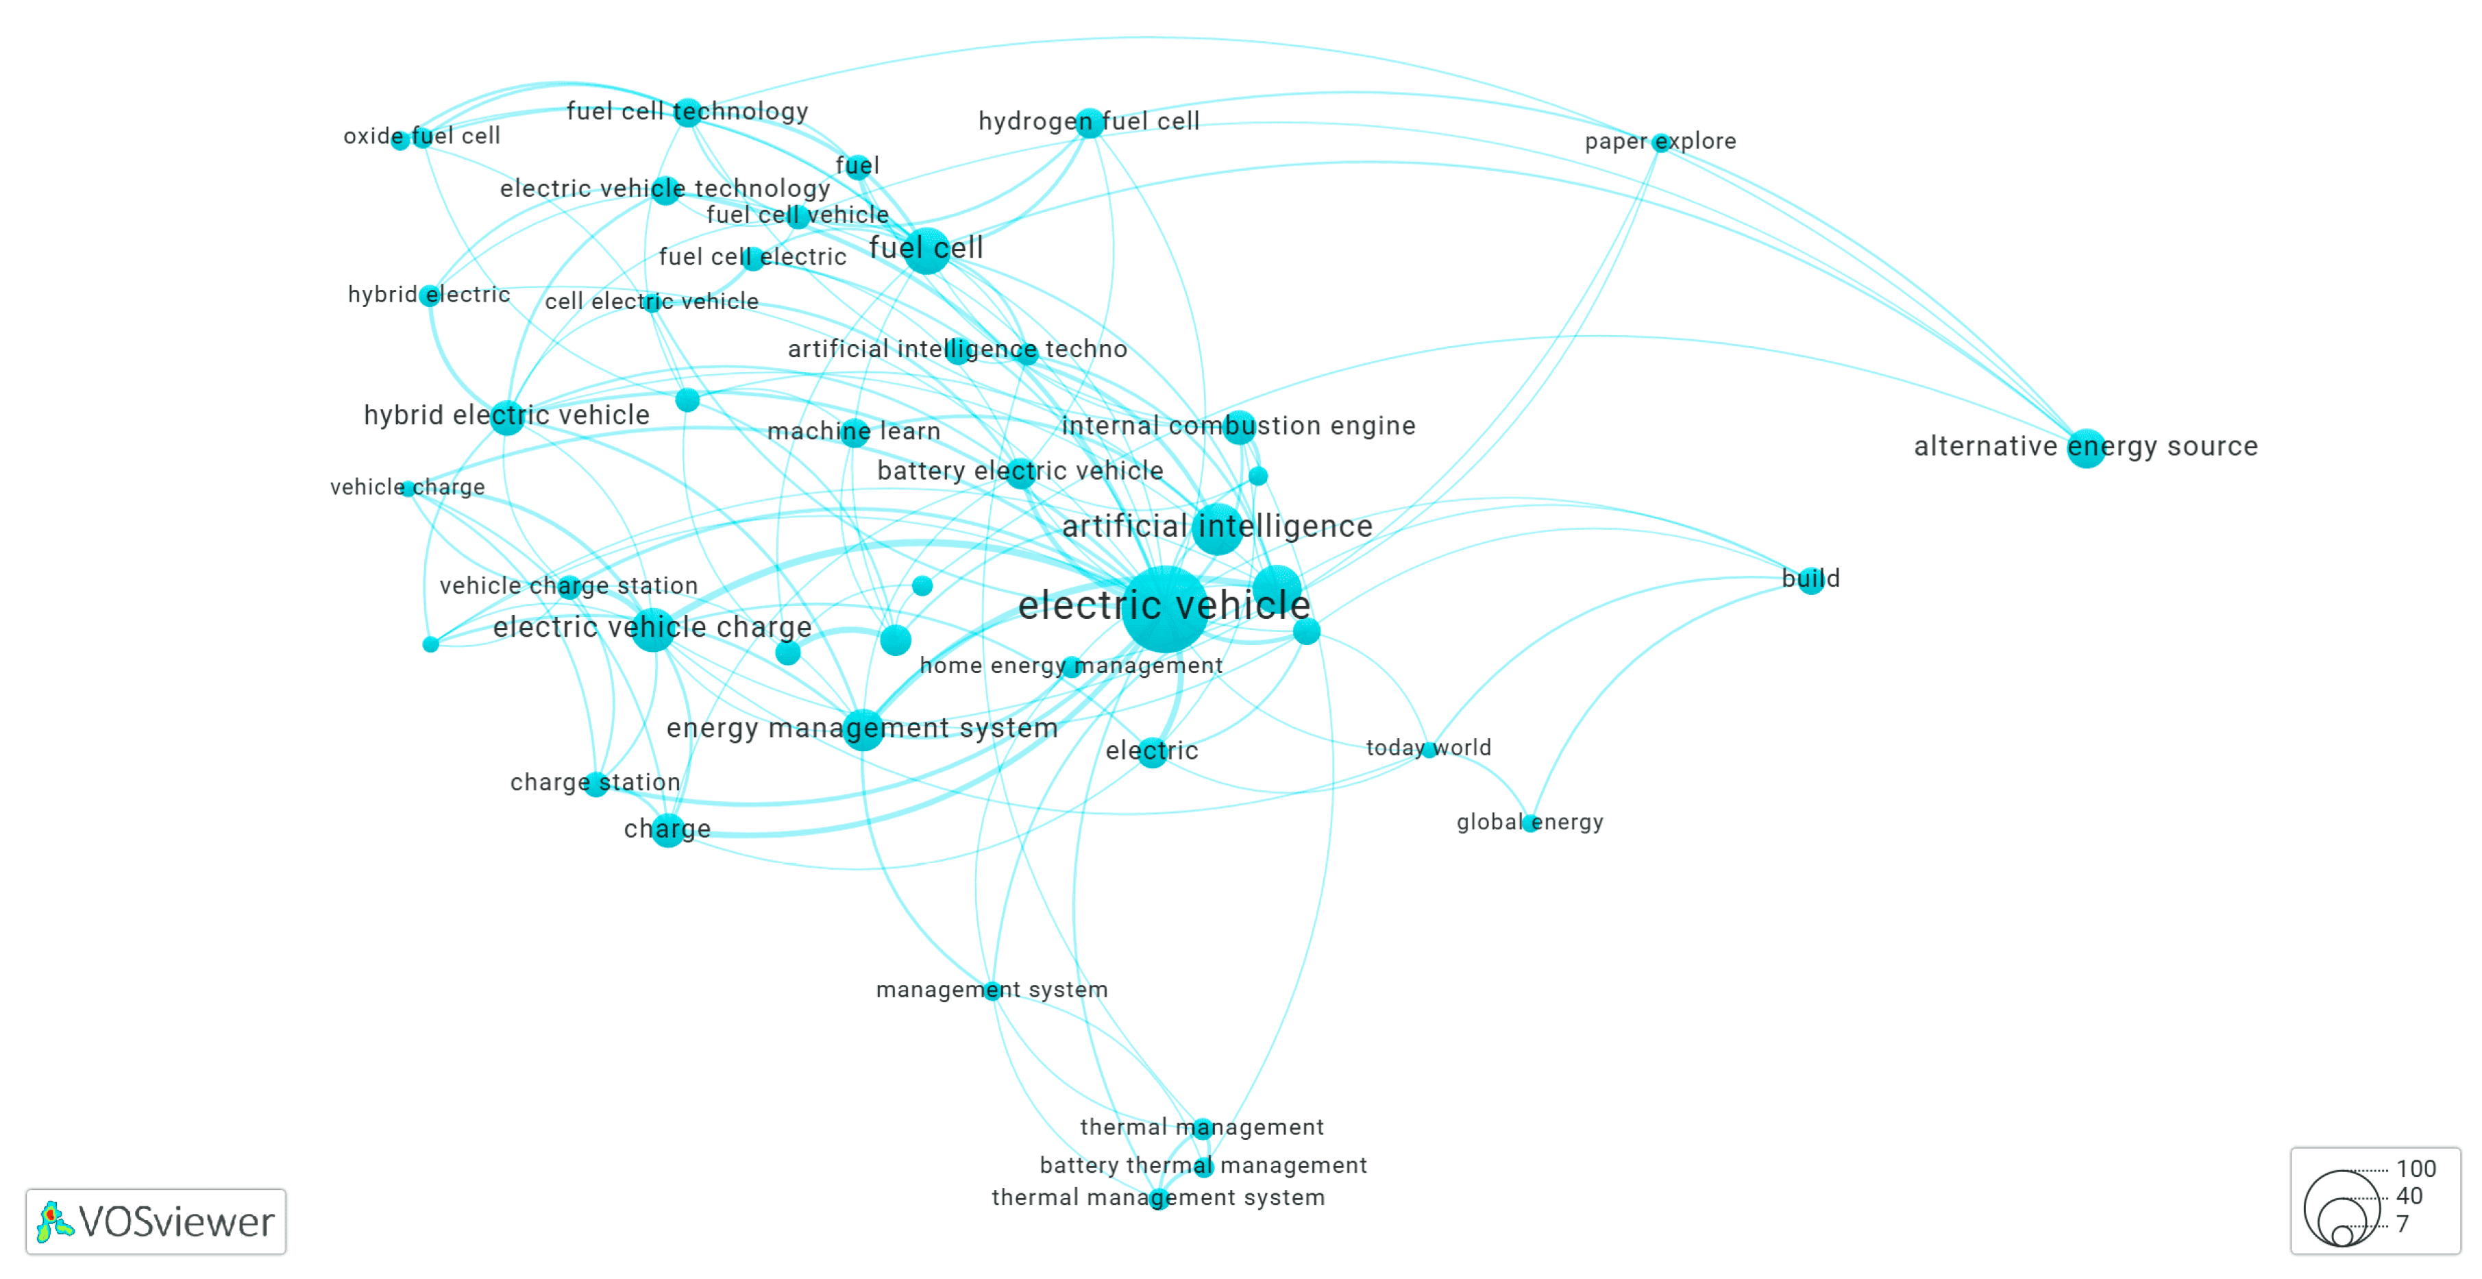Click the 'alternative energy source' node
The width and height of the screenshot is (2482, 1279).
click(x=2086, y=448)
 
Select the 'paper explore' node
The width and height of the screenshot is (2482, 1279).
click(x=1660, y=143)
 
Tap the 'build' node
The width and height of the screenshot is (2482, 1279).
click(x=1811, y=581)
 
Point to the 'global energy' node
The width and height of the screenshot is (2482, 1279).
click(x=1530, y=823)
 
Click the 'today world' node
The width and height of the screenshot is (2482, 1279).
click(x=1429, y=749)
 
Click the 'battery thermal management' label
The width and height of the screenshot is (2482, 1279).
click(x=1203, y=1165)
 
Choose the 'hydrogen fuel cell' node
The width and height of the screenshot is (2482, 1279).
click(x=1089, y=123)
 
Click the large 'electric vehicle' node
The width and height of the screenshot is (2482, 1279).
click(x=1164, y=608)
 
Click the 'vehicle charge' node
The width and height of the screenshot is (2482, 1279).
click(x=408, y=489)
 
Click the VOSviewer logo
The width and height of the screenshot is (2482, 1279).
click(x=156, y=1221)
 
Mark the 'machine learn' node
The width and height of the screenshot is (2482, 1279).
click(x=854, y=432)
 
